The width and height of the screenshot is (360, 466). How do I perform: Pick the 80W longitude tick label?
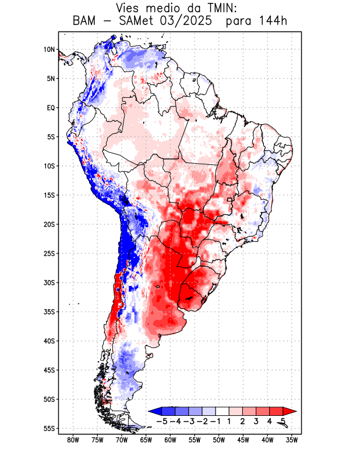click(x=73, y=440)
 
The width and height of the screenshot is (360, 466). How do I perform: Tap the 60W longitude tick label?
click(x=170, y=440)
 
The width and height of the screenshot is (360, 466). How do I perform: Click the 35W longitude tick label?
click(x=291, y=440)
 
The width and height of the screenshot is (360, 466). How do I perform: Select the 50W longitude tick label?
click(x=218, y=440)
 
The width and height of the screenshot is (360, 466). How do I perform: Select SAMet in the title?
click(x=139, y=22)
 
